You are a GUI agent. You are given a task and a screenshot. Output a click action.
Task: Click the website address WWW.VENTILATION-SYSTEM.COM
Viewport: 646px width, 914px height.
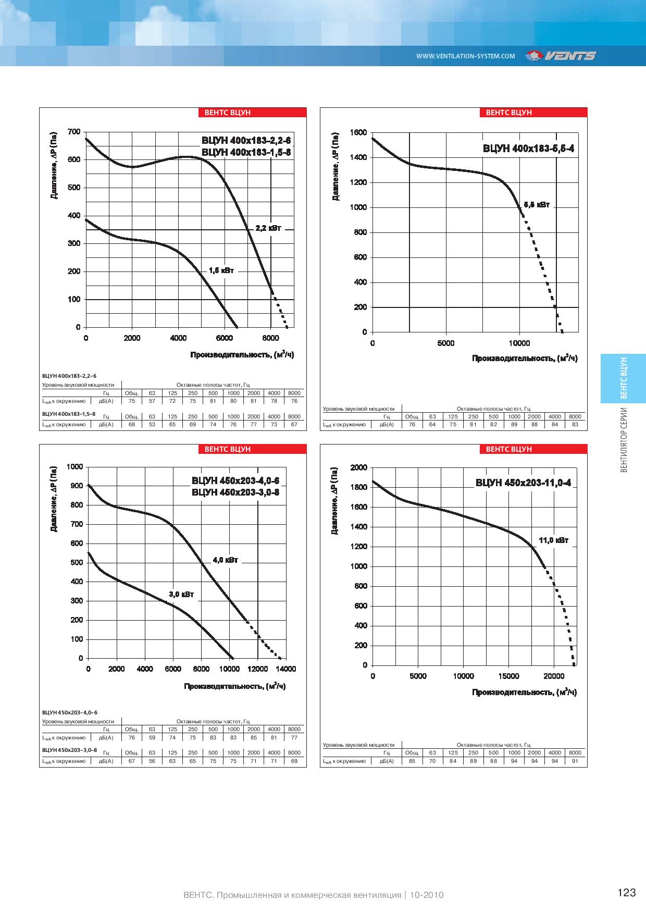coord(466,56)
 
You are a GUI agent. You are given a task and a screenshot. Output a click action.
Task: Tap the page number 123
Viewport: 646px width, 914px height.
coord(627,893)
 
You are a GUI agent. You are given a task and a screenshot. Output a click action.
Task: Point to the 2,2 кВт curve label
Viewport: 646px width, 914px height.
coord(268,228)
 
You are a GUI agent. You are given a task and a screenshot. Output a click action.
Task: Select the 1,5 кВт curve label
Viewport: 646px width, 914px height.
coord(221,270)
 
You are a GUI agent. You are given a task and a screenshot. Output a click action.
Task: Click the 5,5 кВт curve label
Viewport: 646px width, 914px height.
coord(537,205)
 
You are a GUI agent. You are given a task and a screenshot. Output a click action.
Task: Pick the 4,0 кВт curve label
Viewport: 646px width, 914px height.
coord(225,560)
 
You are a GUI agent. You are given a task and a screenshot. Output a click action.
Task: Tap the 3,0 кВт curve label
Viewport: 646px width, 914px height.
coord(181,594)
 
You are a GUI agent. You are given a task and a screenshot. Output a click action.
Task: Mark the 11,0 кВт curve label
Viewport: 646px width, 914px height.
coord(554,540)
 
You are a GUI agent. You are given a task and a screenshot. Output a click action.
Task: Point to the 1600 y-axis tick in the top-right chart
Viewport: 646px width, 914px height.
coord(359,132)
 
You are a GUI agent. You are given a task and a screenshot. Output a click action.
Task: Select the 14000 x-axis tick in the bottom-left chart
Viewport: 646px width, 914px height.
coord(285,669)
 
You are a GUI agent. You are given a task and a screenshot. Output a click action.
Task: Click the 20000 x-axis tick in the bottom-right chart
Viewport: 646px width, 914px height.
coord(554,676)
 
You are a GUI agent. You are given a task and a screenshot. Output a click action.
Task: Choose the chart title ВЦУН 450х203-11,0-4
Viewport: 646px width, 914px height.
coord(523,483)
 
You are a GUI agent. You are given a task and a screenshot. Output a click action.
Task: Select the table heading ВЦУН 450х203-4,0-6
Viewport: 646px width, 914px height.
coord(69,712)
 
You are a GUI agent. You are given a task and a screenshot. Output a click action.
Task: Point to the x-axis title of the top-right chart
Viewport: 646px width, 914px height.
coord(525,359)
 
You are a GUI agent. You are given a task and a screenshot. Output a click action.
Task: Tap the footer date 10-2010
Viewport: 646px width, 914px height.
coord(426,895)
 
